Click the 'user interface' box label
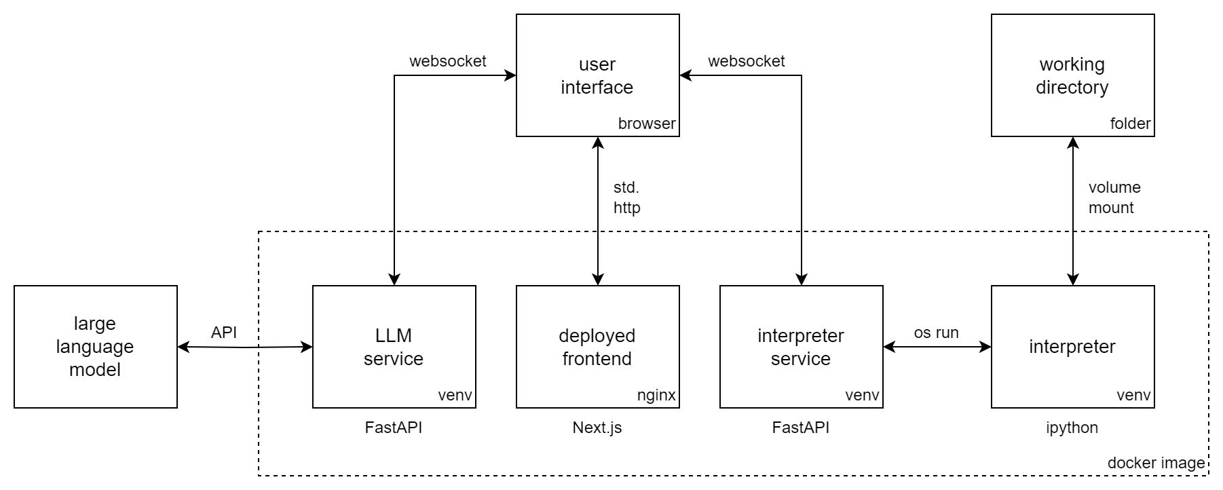(x=597, y=76)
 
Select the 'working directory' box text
(x=1072, y=76)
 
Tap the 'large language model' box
(x=95, y=346)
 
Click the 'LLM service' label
(x=394, y=347)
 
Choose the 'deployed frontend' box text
(x=597, y=347)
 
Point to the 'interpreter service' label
(x=801, y=347)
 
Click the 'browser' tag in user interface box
(x=647, y=124)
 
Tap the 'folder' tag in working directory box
(x=1131, y=124)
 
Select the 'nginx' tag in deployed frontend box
(x=656, y=395)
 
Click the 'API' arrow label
(x=224, y=333)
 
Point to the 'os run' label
(x=937, y=333)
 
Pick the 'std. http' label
(x=627, y=197)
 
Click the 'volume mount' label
(x=1114, y=197)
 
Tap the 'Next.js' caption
(x=597, y=428)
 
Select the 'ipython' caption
(x=1072, y=428)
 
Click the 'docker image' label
(x=1156, y=463)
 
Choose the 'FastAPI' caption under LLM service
(x=394, y=428)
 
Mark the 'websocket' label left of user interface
(x=448, y=61)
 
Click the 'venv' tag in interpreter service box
(x=863, y=395)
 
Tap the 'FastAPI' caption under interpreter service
(x=801, y=428)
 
